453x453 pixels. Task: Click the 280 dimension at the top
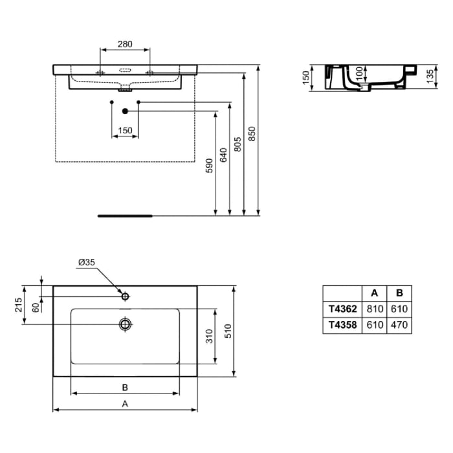pyautogui.click(x=125, y=44)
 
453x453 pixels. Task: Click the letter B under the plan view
pyautogui.click(x=126, y=387)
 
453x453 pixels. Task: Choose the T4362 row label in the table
pyautogui.click(x=342, y=309)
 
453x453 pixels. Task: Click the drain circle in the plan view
pyautogui.click(x=125, y=324)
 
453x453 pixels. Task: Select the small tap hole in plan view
pyautogui.click(x=126, y=296)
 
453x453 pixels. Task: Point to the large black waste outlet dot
pyautogui.click(x=125, y=111)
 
